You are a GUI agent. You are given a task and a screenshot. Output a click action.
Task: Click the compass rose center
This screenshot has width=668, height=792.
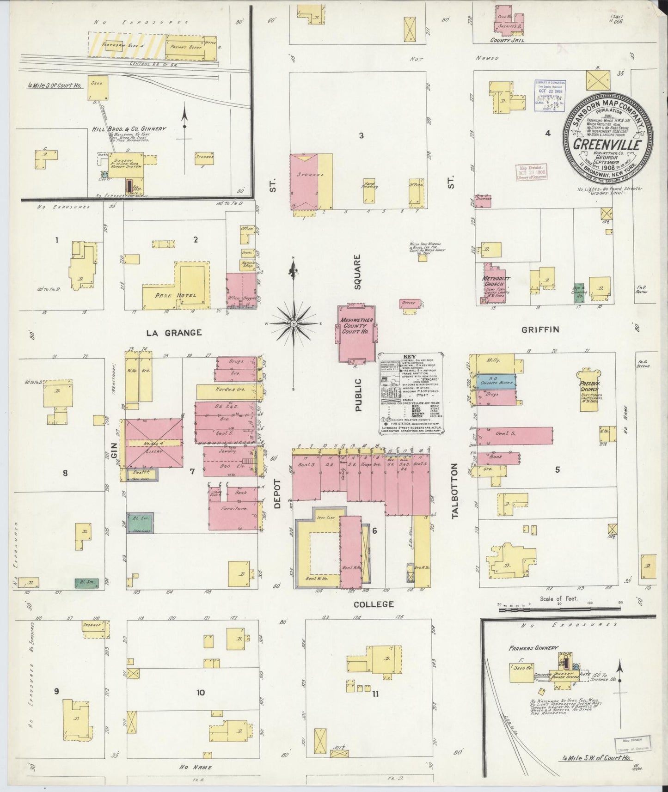[x=293, y=324]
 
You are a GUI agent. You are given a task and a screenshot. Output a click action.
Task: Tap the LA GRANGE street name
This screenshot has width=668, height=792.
[x=174, y=332]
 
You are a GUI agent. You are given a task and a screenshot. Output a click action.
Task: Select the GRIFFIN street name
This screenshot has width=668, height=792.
[x=540, y=329]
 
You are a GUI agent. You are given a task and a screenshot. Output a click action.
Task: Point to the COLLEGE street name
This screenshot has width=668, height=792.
[x=374, y=604]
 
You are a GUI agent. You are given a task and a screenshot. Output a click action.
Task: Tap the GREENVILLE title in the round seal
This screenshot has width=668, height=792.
[x=607, y=144]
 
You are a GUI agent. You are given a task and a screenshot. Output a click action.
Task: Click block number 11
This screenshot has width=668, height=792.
[x=375, y=693]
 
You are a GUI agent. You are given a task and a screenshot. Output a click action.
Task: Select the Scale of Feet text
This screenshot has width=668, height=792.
[x=558, y=598]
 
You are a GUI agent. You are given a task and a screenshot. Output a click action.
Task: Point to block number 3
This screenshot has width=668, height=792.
[x=362, y=135]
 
